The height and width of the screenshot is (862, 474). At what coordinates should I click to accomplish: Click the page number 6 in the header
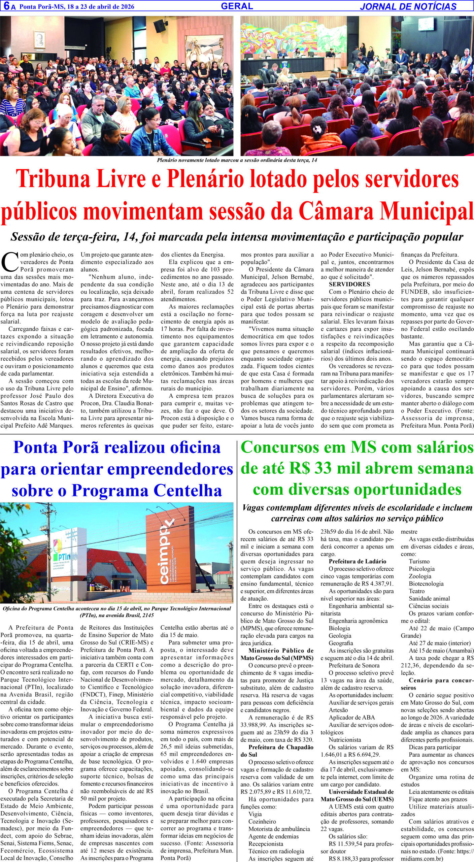click(x=5, y=6)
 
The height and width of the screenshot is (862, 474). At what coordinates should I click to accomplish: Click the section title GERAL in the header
click(x=237, y=6)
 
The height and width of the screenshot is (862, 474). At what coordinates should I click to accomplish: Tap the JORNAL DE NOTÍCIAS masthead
click(x=408, y=6)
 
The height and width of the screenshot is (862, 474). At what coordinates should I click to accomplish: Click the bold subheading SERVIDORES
click(x=349, y=284)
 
